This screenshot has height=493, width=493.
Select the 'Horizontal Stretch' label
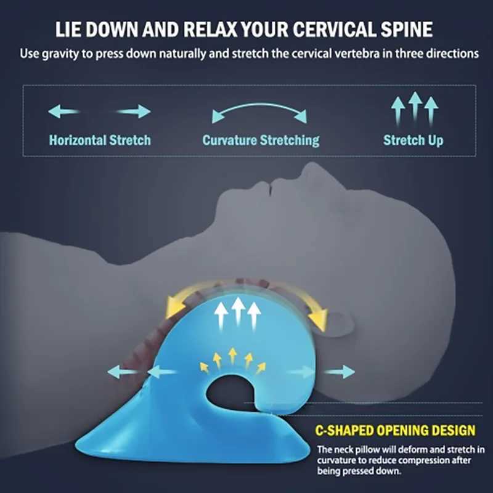coord(100,140)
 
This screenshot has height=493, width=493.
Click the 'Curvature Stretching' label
coord(261,140)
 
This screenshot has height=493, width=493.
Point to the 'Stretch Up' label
coord(413,140)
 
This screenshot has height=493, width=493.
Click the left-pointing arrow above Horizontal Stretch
coord(63,112)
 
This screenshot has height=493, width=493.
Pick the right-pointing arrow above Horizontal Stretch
coord(134,112)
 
